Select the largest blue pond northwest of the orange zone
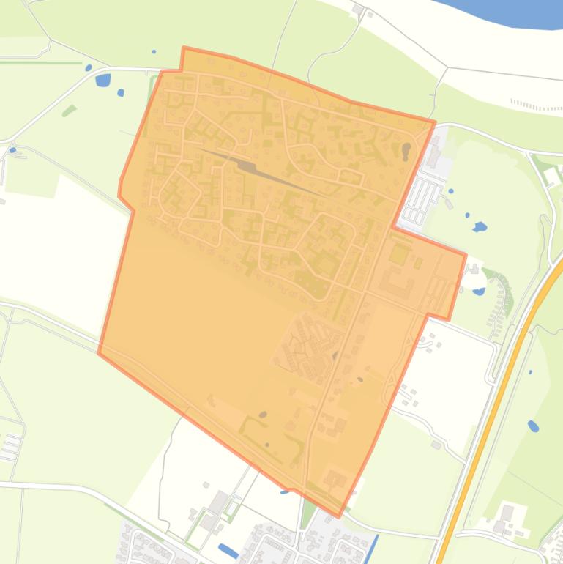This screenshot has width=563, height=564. coord(103,79)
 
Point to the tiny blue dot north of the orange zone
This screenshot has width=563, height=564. coord(154,52)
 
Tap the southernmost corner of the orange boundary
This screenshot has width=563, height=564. coord(338,516)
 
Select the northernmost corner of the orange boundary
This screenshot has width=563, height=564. coord(184,48)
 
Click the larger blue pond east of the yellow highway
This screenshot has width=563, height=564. coord(533,426)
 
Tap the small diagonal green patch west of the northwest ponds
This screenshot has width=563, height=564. coord(69,111)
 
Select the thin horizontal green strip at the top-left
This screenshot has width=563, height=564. coord(40,62)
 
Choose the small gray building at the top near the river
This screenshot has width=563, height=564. coord(357,9)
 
